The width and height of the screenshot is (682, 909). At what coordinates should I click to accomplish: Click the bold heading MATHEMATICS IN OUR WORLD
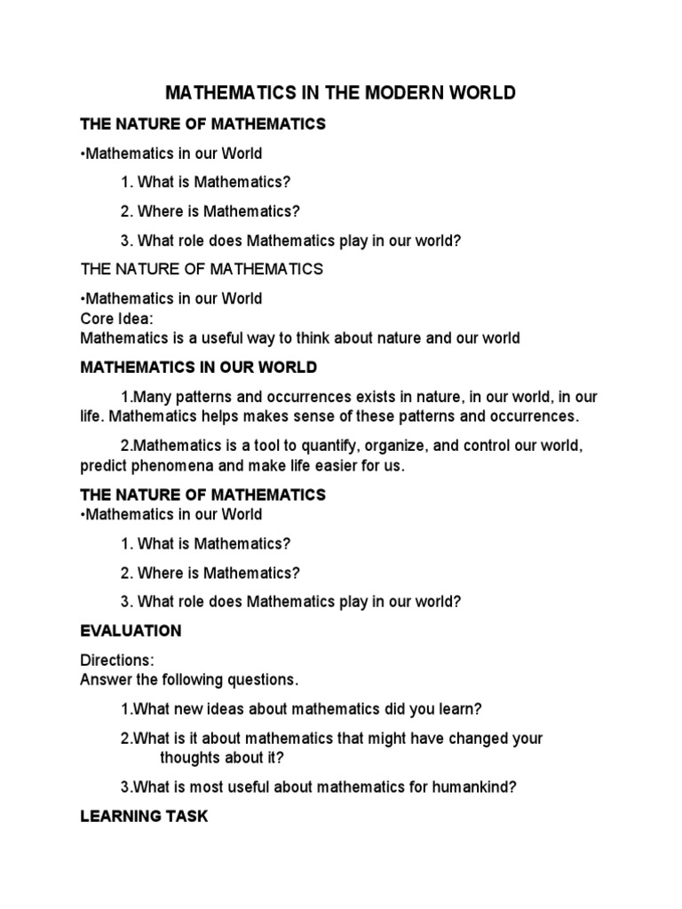(199, 368)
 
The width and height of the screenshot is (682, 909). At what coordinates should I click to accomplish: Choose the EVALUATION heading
(131, 631)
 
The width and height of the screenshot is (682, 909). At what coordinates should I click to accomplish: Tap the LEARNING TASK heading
(144, 817)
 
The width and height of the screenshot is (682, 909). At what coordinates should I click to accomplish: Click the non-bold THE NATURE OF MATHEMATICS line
(202, 268)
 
